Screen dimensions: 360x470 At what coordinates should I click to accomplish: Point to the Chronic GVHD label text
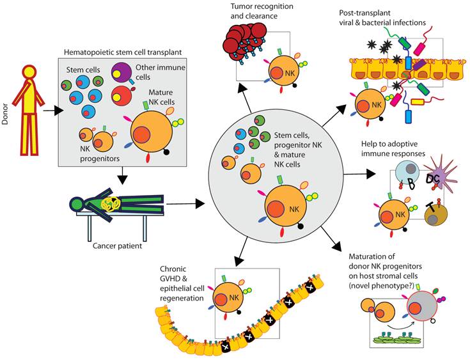185,273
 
